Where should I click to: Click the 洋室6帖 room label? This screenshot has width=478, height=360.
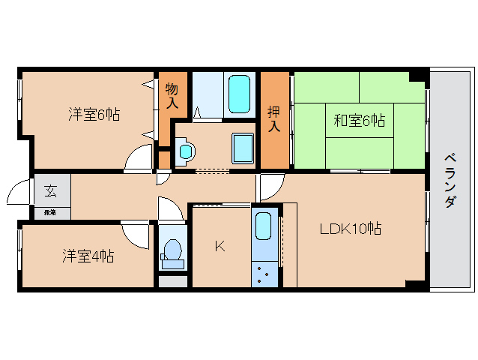point(94,115)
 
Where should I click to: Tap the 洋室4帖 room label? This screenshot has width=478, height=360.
point(88,256)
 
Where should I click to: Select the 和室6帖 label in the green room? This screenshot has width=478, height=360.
point(360,120)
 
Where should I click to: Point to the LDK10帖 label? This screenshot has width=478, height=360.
point(351,229)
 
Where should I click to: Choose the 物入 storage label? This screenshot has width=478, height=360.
point(172,96)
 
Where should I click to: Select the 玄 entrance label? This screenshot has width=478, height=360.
point(51,190)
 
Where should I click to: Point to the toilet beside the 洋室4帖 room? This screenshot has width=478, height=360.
point(172,252)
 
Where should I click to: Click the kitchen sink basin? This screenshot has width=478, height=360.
point(262,227)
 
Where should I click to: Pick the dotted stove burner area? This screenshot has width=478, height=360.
point(263,274)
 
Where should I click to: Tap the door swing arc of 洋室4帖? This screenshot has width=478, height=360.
point(136,235)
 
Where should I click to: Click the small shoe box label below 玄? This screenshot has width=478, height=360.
point(50,213)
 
